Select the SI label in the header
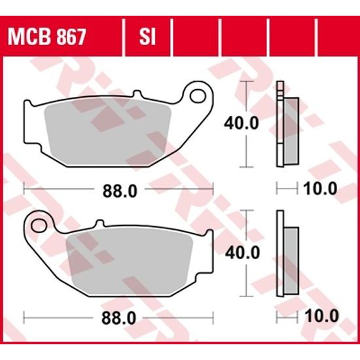pyautogui.click(x=146, y=35)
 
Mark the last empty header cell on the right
pyautogui.click(x=336, y=35)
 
